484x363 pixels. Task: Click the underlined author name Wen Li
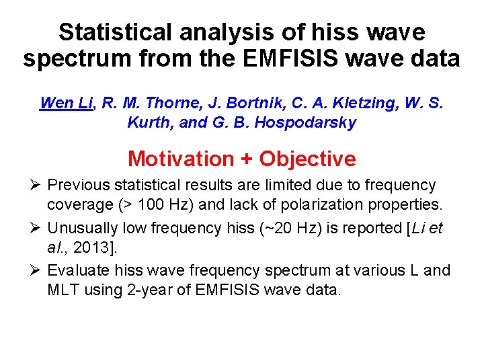[66, 103]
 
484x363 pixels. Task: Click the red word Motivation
[180, 159]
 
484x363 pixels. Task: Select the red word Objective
[308, 159]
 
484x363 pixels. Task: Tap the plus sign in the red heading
[246, 159]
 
